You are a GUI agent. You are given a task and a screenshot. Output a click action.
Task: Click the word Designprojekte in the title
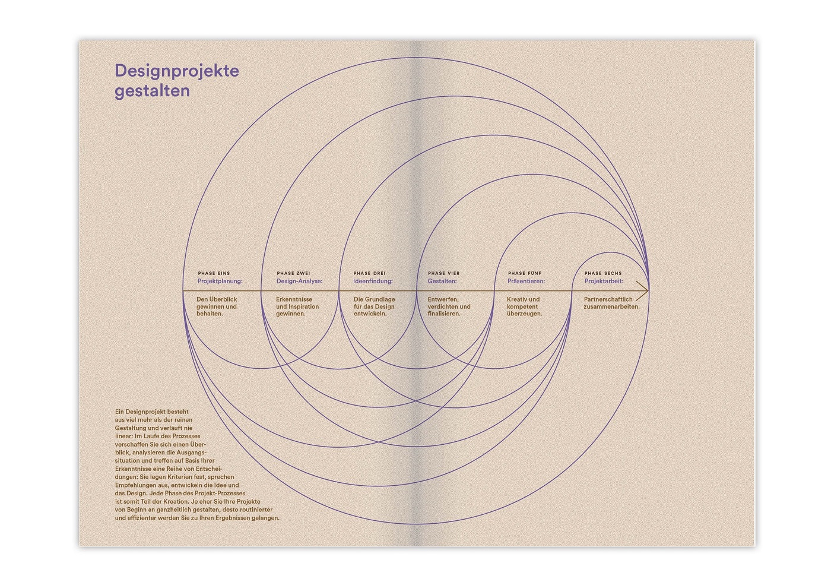[x=177, y=71]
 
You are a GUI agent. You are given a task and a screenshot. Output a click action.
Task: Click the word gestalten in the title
[x=152, y=91]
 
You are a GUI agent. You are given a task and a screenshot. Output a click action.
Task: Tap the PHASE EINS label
[x=214, y=273]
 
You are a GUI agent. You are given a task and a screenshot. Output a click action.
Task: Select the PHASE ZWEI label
[x=293, y=273]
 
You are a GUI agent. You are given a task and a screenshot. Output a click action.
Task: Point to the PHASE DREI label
[x=369, y=273]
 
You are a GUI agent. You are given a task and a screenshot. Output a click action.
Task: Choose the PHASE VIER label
[x=444, y=273]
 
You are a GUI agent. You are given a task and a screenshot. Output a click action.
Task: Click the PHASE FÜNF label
[x=525, y=273]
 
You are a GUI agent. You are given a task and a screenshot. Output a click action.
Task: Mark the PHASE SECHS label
[x=603, y=273]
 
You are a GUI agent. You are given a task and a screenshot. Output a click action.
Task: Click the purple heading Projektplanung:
[x=220, y=281]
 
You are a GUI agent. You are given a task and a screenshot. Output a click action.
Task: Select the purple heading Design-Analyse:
[x=299, y=281]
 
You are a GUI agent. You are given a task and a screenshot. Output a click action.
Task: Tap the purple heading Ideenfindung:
[x=373, y=281]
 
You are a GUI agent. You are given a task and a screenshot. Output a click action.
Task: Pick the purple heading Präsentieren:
[x=526, y=281]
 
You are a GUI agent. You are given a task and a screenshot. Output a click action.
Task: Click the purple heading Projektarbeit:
[x=604, y=281]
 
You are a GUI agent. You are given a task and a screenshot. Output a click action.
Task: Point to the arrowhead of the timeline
[x=648, y=291]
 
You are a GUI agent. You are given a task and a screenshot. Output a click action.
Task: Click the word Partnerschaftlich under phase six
[x=608, y=299]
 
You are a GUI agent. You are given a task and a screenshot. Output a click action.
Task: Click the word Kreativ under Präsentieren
[x=516, y=299]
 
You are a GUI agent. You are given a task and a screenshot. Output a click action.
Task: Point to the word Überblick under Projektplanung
[x=223, y=299]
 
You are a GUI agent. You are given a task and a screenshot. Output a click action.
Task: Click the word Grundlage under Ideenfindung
[x=380, y=299]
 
